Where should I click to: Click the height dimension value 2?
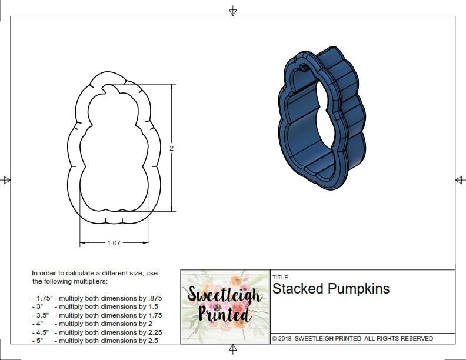[171, 149]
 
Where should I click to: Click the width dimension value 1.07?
[114, 242]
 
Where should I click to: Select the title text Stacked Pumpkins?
[331, 289]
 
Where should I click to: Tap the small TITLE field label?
[279, 278]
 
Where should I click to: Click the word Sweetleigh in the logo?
[225, 295]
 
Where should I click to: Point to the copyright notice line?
[352, 339]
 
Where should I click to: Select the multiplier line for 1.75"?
[96, 298]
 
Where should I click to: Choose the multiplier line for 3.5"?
[96, 315]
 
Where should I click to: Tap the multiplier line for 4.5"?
[96, 332]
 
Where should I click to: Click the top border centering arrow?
[233, 11]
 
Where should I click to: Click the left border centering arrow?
[6, 179]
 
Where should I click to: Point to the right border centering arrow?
[460, 179]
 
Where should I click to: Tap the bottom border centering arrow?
[233, 349]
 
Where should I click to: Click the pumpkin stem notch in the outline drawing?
[109, 89]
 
